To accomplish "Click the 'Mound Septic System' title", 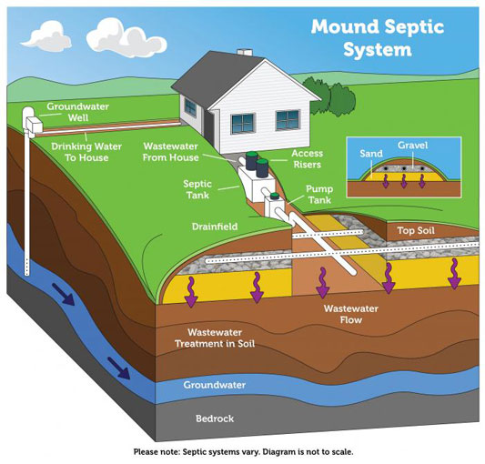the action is (x=378, y=38).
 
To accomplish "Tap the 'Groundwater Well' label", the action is (x=78, y=112).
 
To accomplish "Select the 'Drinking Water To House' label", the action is (x=86, y=152).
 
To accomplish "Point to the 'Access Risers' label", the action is (x=308, y=159).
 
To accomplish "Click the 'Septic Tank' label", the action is (x=197, y=189).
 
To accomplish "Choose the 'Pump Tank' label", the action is (x=319, y=195).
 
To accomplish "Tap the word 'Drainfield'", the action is (x=215, y=227).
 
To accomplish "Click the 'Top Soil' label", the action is (x=416, y=230).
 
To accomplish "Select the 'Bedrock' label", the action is (x=215, y=419).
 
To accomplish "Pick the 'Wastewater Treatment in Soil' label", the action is (x=215, y=338).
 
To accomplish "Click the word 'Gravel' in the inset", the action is (x=412, y=145).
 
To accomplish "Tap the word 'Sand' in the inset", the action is (x=371, y=154).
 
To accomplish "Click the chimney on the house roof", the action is (x=245, y=52).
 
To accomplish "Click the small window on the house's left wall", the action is (x=190, y=107).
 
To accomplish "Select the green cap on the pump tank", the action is (x=275, y=196).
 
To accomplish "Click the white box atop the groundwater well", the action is (x=34, y=125).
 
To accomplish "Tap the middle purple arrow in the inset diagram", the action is (x=404, y=181).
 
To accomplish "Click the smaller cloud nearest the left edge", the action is (x=46, y=36).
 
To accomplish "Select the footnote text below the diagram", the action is (x=243, y=451).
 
